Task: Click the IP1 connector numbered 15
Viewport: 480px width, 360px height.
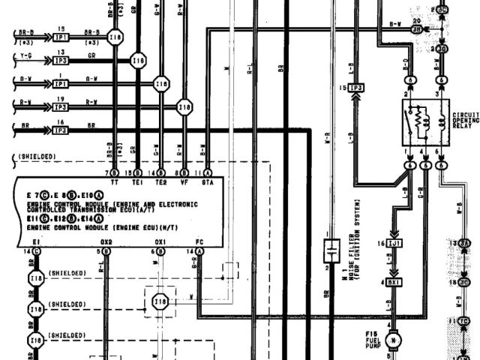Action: (62, 35)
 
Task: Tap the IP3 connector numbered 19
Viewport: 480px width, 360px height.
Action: (62, 107)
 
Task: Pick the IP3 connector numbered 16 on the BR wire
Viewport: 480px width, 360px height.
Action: (62, 129)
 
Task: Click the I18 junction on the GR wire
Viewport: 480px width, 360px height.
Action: (137, 61)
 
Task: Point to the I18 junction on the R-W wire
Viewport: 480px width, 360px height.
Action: (184, 108)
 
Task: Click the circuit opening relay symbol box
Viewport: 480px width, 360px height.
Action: (424, 122)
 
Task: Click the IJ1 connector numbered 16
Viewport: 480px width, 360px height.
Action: (395, 245)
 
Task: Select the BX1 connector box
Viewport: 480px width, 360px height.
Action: (395, 281)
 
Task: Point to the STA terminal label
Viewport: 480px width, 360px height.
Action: (207, 181)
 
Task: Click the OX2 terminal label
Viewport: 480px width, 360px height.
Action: (106, 242)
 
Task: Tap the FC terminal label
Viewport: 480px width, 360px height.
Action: (199, 242)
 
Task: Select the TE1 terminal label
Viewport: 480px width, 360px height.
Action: (136, 181)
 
